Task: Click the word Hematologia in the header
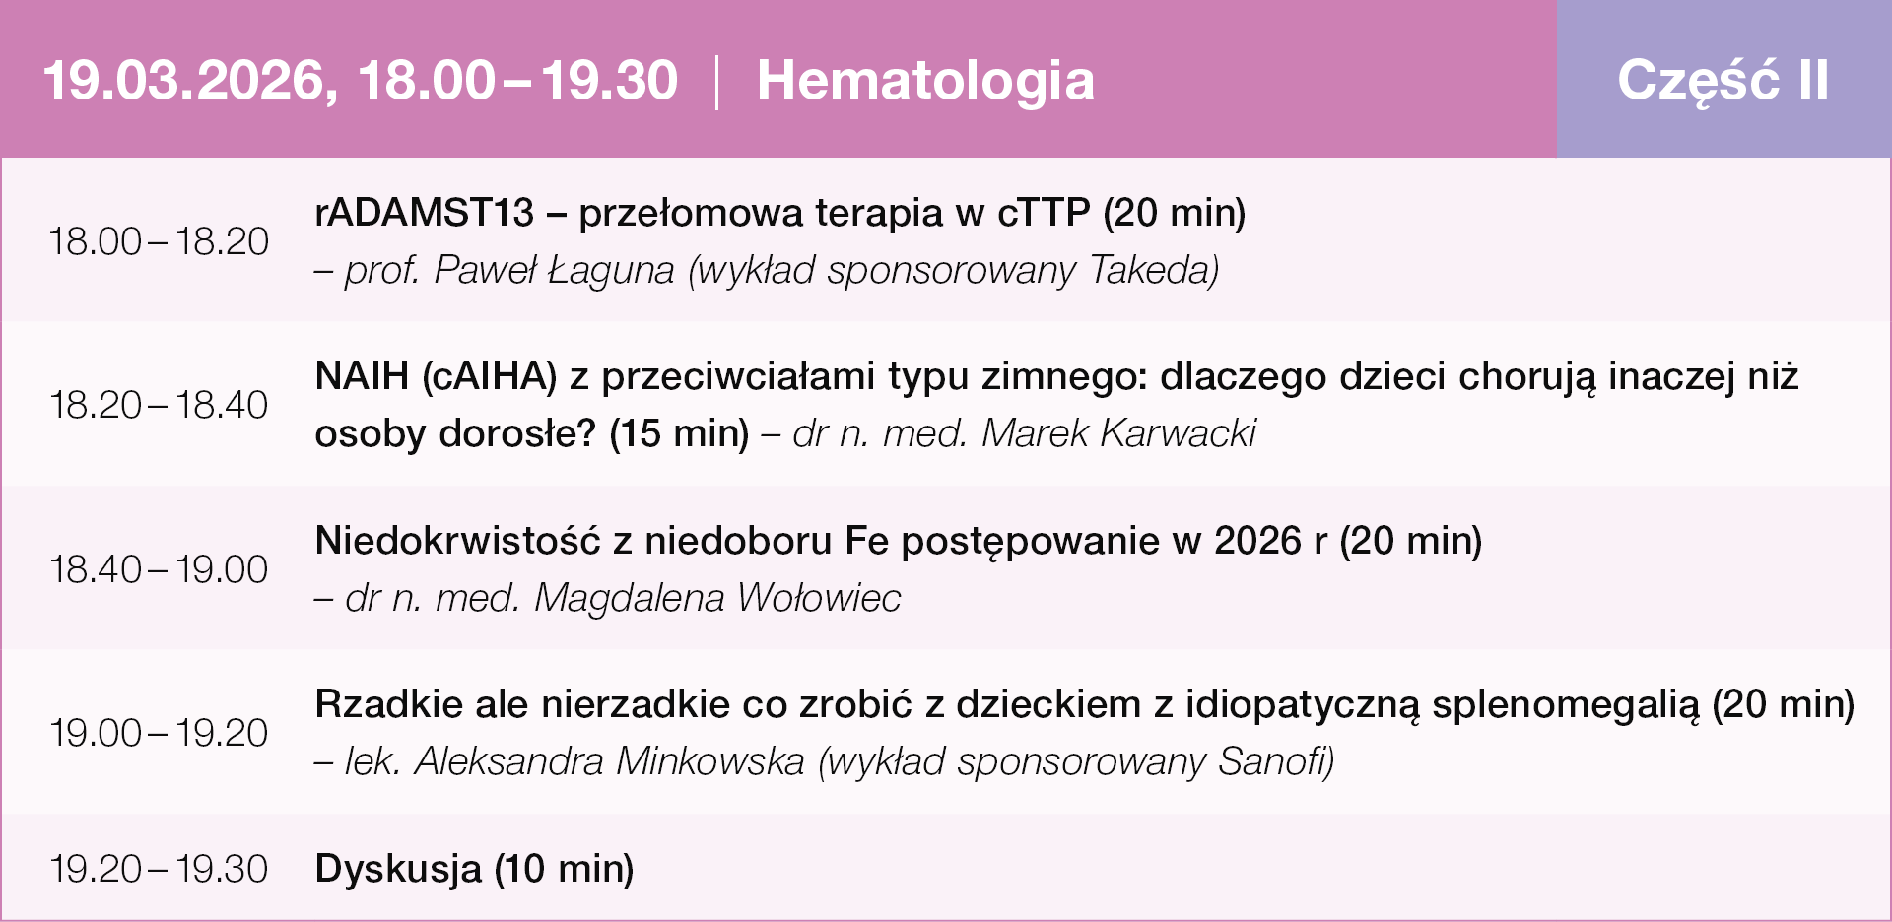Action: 925,81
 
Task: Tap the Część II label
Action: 1723,79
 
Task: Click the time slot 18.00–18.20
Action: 159,241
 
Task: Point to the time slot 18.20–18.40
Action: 159,405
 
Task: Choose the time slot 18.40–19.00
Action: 159,569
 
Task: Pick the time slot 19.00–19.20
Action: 159,733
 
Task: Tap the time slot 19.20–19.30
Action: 159,869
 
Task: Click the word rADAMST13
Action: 425,213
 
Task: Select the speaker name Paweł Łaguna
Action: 554,270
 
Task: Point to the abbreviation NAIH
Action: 362,376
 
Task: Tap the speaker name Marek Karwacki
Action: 1119,433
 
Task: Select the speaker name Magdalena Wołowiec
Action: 717,598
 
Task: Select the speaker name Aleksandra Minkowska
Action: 609,761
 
